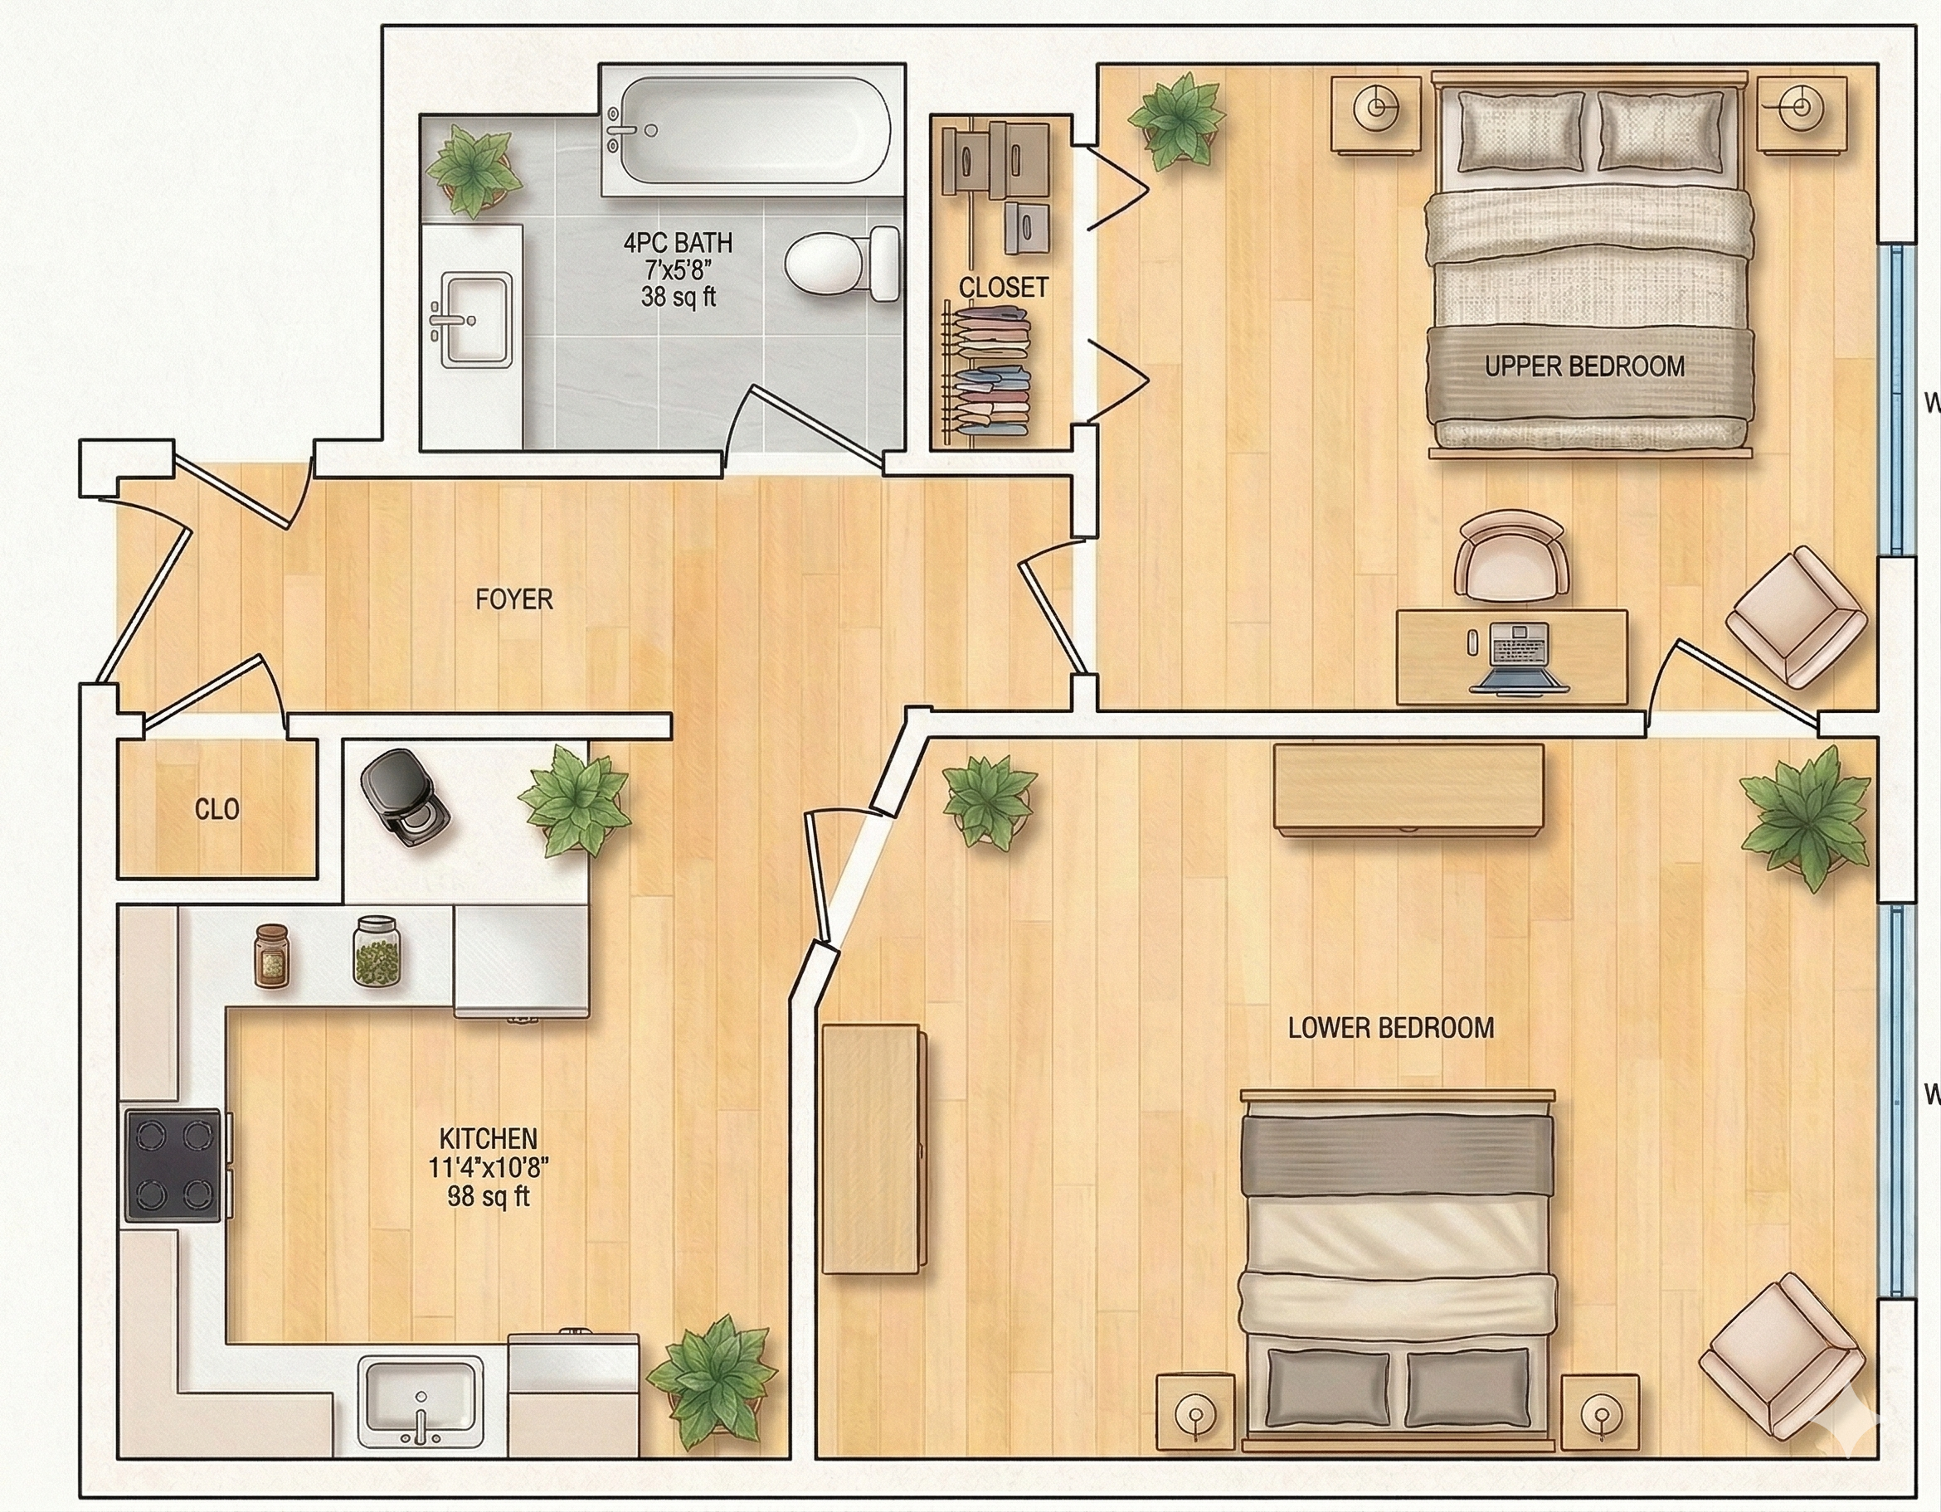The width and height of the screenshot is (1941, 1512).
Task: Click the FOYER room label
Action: (x=513, y=599)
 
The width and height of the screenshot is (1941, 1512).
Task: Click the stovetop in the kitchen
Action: (x=173, y=1165)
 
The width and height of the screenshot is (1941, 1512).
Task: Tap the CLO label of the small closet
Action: (x=216, y=809)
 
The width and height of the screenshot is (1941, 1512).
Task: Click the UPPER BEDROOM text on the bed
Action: (x=1583, y=367)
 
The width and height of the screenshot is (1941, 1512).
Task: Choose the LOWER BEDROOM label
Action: (x=1391, y=1028)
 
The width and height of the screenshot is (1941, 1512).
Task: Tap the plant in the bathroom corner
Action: (x=470, y=170)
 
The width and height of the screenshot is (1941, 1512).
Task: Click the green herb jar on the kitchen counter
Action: (x=377, y=952)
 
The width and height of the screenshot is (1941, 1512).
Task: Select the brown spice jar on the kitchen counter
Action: (x=272, y=956)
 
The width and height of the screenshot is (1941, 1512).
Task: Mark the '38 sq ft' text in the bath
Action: (x=679, y=297)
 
